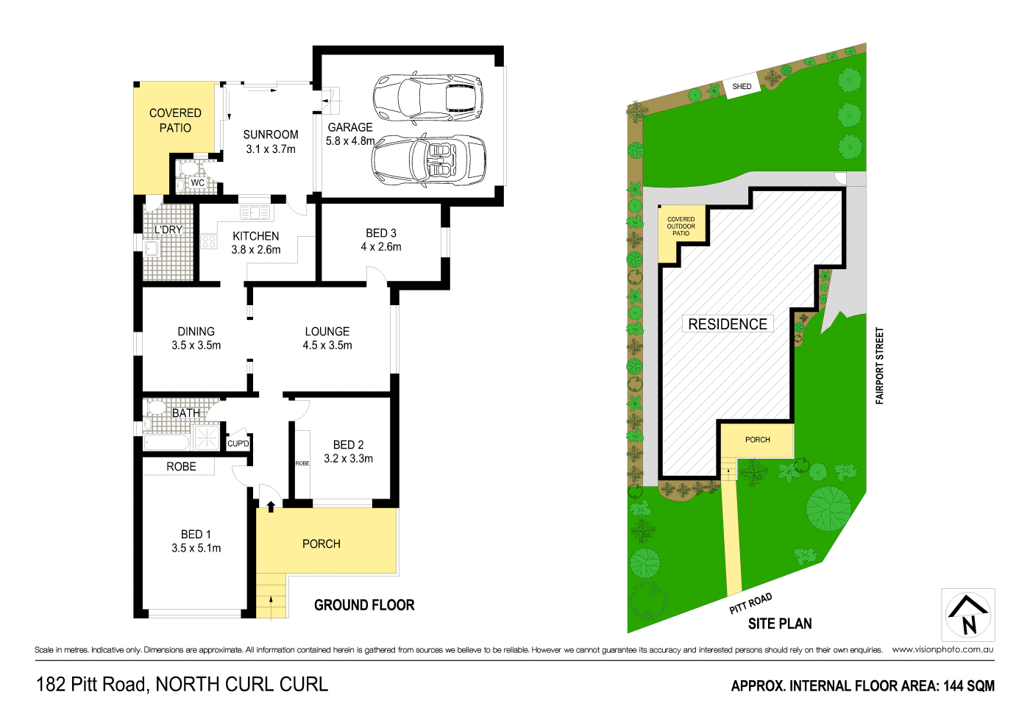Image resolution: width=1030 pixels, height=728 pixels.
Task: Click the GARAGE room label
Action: tap(350, 127)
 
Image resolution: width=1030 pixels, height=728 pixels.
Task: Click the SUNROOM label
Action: tap(271, 135)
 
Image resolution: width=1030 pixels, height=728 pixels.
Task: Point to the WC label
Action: tap(198, 183)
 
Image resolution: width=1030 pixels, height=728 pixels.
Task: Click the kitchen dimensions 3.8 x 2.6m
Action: tap(256, 250)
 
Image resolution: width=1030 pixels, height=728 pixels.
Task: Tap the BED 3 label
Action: tap(381, 233)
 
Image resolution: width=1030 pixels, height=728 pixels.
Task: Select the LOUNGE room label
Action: tap(327, 332)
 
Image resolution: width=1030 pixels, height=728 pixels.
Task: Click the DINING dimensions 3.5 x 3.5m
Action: tap(196, 346)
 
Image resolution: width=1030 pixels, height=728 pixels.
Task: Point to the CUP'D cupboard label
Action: tap(238, 443)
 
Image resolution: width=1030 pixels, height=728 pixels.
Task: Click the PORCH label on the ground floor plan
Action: tap(322, 544)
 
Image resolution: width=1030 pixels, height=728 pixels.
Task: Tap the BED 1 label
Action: tap(196, 535)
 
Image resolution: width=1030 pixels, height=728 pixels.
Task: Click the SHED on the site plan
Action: tap(742, 87)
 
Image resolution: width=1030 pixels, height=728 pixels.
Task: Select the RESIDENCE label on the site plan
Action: tap(728, 324)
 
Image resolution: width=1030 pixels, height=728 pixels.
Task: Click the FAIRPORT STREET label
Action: tap(879, 365)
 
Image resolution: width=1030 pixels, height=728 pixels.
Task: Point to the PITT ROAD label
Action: tap(750, 603)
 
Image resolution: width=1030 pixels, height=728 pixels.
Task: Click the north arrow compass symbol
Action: tap(968, 615)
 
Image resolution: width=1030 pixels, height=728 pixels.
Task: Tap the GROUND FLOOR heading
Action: tap(364, 605)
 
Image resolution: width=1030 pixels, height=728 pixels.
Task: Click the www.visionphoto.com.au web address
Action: tap(942, 649)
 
